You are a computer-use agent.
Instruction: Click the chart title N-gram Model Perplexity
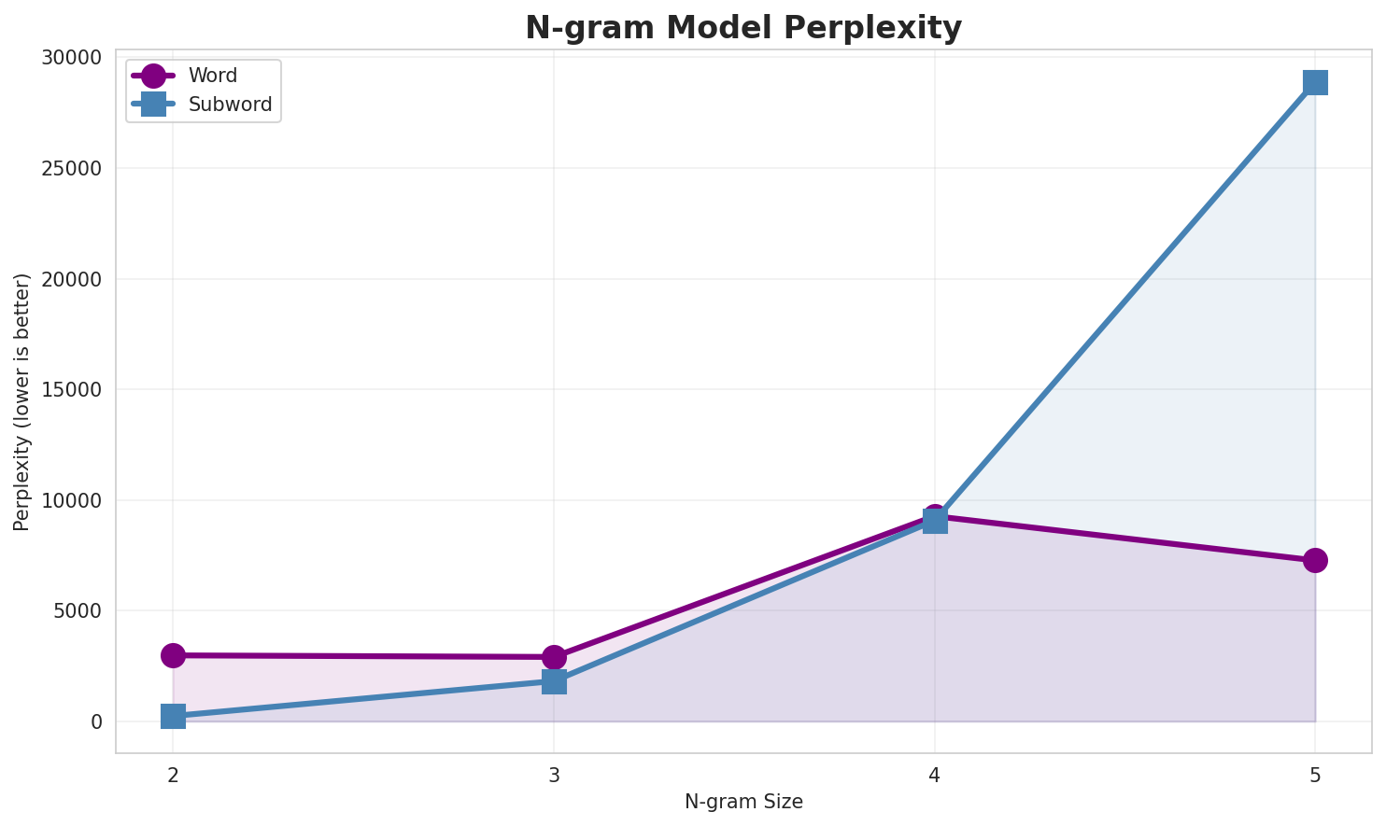(x=742, y=28)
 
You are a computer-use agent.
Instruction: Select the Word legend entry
(x=212, y=76)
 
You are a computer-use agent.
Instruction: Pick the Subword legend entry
(x=230, y=105)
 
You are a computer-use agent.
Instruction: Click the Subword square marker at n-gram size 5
(x=1315, y=82)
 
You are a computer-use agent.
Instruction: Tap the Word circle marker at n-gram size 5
(x=1315, y=560)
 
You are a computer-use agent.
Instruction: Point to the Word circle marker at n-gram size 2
(x=173, y=655)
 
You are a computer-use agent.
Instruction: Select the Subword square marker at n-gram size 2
(x=173, y=717)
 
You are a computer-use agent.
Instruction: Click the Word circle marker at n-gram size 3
(x=554, y=657)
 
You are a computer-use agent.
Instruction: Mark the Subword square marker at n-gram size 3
(x=554, y=681)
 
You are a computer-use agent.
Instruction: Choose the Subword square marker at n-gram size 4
(x=935, y=521)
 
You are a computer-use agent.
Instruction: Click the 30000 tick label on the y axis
(x=72, y=58)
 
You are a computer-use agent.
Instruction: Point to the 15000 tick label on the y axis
(x=72, y=390)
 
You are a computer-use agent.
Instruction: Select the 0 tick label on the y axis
(x=96, y=722)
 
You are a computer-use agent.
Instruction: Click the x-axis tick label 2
(x=173, y=775)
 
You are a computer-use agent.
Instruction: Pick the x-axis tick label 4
(x=935, y=775)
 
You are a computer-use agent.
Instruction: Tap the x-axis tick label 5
(x=1315, y=775)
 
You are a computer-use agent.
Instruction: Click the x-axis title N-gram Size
(x=743, y=802)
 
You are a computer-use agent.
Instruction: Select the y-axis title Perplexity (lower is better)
(x=22, y=401)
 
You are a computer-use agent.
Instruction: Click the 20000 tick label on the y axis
(x=72, y=279)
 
